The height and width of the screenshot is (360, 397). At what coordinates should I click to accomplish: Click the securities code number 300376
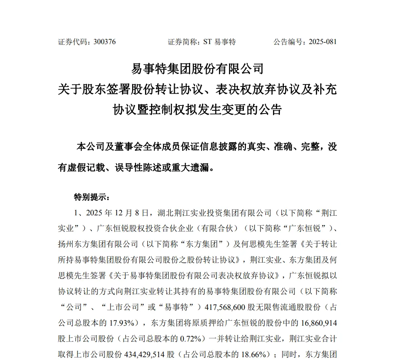pyautogui.click(x=104, y=42)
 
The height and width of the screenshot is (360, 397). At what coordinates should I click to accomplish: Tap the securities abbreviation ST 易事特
pyautogui.click(x=220, y=42)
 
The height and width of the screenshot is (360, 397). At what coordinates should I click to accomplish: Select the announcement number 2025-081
pyautogui.click(x=322, y=42)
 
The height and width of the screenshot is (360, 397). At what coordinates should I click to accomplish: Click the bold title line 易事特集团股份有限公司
pyautogui.click(x=197, y=69)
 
